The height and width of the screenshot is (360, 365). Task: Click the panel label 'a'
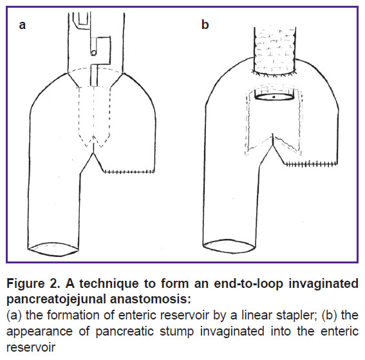point(23,24)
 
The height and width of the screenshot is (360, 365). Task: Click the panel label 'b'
point(205,24)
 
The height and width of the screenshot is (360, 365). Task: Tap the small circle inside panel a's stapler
point(93,53)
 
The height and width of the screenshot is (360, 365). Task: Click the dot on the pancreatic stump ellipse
point(274,97)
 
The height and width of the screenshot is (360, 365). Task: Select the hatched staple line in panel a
point(129,172)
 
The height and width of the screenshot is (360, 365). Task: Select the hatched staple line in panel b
point(311,164)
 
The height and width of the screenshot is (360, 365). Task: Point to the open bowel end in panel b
point(229,246)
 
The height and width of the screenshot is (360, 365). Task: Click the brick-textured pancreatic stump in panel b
point(275,52)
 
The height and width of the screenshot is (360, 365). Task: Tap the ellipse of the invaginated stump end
point(274,97)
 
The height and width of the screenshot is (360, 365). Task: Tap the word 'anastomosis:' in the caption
point(150,299)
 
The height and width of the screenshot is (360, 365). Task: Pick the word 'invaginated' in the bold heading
point(323,284)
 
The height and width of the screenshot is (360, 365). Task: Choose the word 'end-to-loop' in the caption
point(248,284)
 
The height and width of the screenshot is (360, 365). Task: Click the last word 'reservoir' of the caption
point(31,347)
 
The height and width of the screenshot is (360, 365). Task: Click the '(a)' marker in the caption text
point(14,316)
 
